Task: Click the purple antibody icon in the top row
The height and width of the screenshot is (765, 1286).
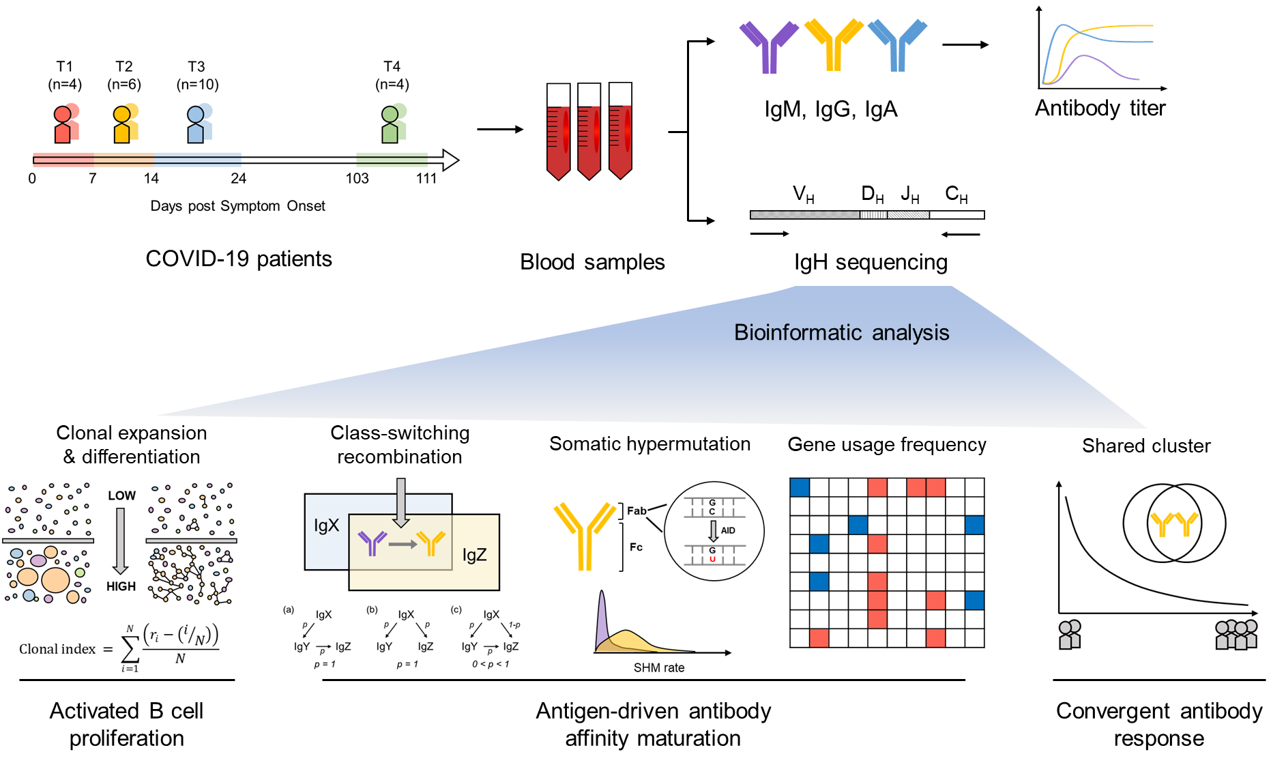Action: pos(769,48)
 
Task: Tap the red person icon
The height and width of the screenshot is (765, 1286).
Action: pos(67,123)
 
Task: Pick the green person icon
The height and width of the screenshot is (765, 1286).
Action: pos(394,123)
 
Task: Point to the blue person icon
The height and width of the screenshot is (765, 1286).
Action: pos(200,123)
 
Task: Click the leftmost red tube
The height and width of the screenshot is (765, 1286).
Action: pos(558,142)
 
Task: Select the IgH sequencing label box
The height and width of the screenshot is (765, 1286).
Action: pos(868,263)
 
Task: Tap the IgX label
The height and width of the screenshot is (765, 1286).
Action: pos(326,525)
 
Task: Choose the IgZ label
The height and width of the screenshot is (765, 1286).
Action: pos(474,555)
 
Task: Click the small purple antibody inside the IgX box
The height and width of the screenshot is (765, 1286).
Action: pos(372,543)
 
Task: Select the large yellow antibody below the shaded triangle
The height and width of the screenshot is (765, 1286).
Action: pos(585,535)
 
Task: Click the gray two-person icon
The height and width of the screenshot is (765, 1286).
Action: pos(1070,634)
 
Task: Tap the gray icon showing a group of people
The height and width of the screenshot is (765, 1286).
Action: pos(1236,634)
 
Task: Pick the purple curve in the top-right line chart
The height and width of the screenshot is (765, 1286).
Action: pos(1105,68)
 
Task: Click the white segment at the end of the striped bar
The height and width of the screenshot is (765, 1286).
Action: pos(956,215)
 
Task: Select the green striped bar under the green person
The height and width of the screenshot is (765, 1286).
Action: pos(392,160)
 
